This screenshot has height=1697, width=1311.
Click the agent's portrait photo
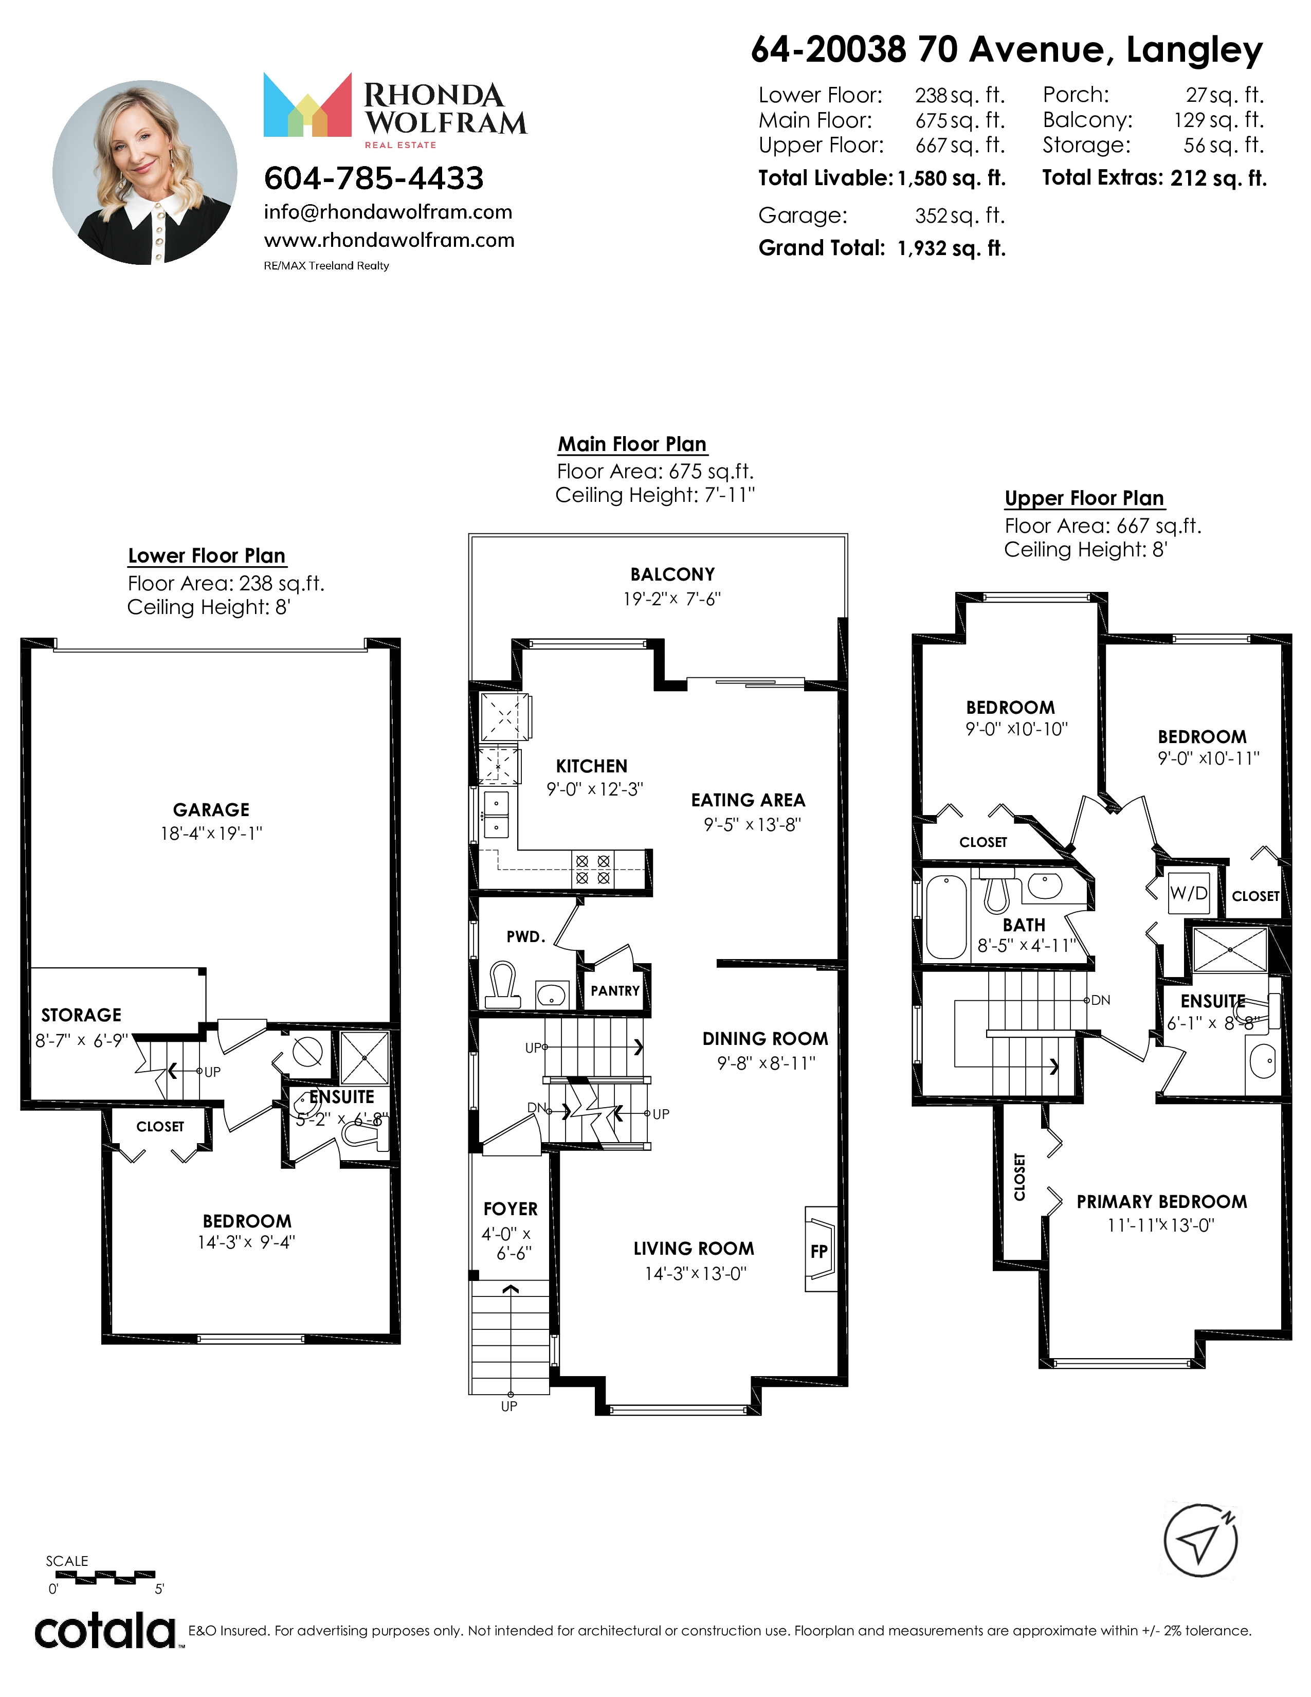[x=145, y=172]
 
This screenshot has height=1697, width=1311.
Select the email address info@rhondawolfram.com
[x=388, y=212]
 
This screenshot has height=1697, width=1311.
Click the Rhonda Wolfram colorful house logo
[x=307, y=105]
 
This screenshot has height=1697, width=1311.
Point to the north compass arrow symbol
[x=1200, y=1541]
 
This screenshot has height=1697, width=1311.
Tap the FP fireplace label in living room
[x=818, y=1251]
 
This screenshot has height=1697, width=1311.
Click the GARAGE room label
[x=211, y=809]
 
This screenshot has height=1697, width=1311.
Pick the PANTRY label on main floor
[x=615, y=991]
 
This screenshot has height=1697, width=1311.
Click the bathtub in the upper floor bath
[x=946, y=917]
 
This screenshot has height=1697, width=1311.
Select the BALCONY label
[x=672, y=574]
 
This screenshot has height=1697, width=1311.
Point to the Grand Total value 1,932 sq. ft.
[x=952, y=249]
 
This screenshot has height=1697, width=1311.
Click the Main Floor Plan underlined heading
[x=632, y=444]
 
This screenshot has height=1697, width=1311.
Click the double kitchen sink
[x=496, y=815]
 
